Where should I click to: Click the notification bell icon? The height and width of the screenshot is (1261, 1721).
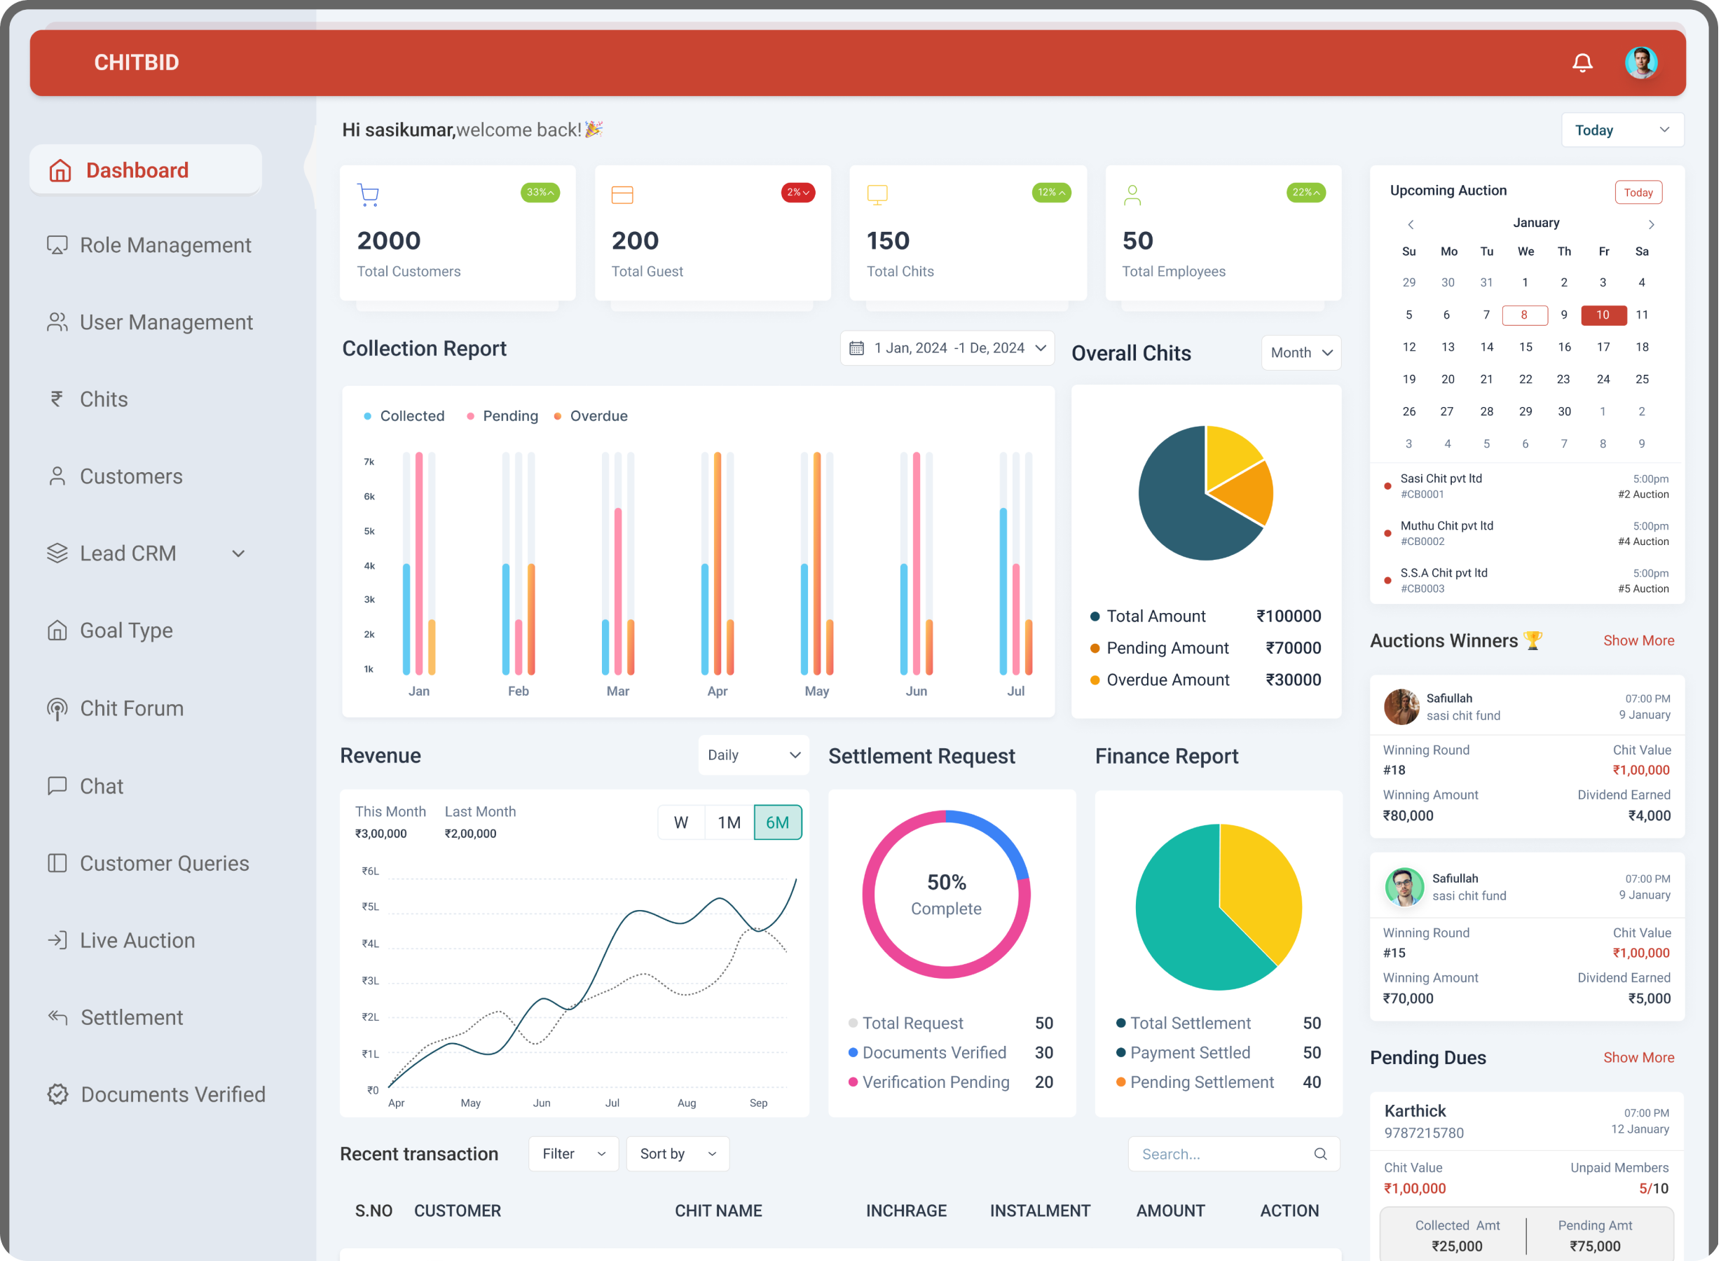pos(1582,62)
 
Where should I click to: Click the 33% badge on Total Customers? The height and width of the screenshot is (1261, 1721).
pos(540,193)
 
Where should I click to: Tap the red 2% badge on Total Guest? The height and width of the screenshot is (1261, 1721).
pos(797,193)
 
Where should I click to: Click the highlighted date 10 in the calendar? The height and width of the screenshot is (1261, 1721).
pos(1603,315)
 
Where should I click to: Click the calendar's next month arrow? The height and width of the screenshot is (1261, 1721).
pos(1651,224)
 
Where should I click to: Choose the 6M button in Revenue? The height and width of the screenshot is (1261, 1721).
pos(777,822)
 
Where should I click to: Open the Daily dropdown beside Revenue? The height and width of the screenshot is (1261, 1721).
pos(753,755)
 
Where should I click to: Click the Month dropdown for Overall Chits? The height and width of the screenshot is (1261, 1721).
pos(1301,352)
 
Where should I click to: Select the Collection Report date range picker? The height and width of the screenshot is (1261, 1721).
pos(947,348)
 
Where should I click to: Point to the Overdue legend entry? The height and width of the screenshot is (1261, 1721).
pos(591,416)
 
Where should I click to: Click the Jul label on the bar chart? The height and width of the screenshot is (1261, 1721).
pos(1015,691)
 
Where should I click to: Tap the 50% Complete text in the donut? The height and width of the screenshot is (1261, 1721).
pos(946,895)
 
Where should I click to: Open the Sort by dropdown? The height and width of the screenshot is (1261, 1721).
pos(677,1153)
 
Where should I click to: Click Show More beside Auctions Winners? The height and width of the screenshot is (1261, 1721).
pos(1638,640)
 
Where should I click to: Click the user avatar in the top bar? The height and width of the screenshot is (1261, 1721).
pos(1641,62)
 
